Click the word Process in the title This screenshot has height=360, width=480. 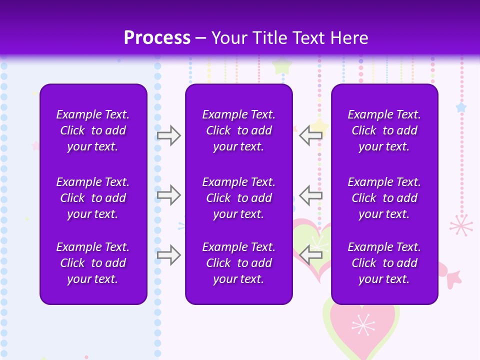[157, 38]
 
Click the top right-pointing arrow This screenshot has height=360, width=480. [168, 135]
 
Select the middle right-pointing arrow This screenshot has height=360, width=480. [168, 195]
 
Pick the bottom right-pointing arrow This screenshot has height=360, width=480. [168, 255]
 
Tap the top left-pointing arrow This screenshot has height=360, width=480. [311, 135]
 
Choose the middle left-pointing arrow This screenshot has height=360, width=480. [311, 195]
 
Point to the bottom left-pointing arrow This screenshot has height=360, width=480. [311, 255]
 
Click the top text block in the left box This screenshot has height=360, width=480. [93, 130]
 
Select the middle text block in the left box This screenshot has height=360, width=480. [93, 198]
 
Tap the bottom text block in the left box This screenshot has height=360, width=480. [93, 263]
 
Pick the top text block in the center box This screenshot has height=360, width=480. [238, 130]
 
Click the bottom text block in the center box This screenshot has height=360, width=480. [238, 263]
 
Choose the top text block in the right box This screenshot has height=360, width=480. [384, 130]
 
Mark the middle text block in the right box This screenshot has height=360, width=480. [384, 198]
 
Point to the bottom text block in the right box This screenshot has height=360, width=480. [384, 263]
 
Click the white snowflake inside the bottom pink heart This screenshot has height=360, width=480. [363, 325]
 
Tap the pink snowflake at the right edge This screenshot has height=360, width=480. [461, 225]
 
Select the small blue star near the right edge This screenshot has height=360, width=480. [461, 107]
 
